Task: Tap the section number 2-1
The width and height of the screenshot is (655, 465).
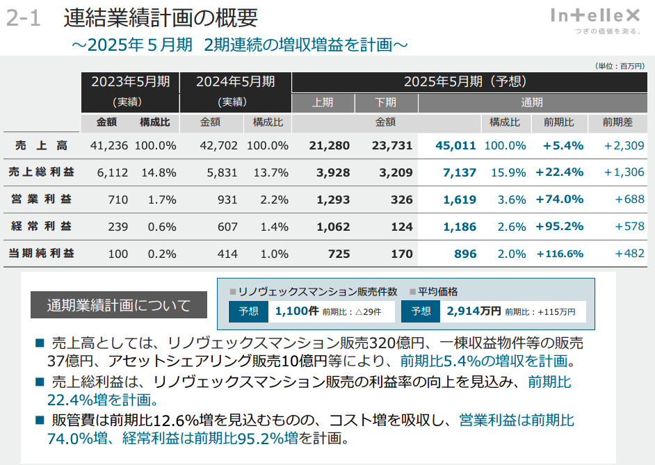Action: click(x=24, y=18)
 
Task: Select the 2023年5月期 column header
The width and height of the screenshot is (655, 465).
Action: click(x=130, y=81)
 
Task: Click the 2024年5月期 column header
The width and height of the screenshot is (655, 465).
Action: click(x=235, y=81)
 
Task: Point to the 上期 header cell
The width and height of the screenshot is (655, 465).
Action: click(x=323, y=102)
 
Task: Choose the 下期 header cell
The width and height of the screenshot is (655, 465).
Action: click(x=386, y=102)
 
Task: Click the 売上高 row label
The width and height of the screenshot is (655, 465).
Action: click(x=42, y=145)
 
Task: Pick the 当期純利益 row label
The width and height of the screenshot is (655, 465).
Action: click(x=42, y=253)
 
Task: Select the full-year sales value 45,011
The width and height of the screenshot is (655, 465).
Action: click(x=455, y=146)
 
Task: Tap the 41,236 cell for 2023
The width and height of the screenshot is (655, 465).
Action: click(x=109, y=146)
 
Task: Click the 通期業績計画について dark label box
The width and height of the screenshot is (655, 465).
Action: click(x=119, y=305)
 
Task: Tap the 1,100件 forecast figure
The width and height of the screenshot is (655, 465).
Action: click(x=297, y=311)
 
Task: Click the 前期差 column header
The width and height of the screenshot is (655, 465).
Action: click(x=617, y=122)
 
